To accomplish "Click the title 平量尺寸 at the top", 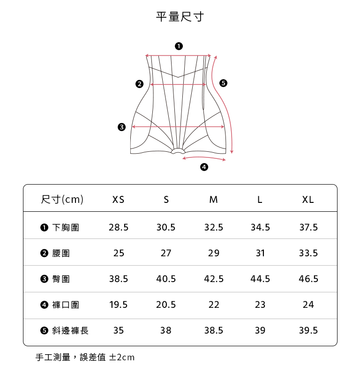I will click(x=180, y=17).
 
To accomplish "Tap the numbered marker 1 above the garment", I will click(x=179, y=46).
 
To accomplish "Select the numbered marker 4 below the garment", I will click(x=204, y=167).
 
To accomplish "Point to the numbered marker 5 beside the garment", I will click(x=223, y=83).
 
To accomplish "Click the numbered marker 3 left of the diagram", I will click(x=122, y=127).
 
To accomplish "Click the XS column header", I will click(x=119, y=200).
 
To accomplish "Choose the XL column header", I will click(x=308, y=200).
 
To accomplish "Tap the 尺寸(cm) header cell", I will click(x=62, y=200).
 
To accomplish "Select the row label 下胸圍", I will click(x=66, y=228).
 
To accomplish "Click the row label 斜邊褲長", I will click(x=70, y=331).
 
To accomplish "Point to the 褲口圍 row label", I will click(x=66, y=305).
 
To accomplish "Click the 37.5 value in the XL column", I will click(x=308, y=228).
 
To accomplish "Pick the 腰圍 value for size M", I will click(x=214, y=253).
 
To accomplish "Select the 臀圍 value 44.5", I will click(x=260, y=279).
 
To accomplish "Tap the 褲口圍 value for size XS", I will click(x=119, y=305).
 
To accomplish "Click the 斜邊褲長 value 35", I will click(x=119, y=330).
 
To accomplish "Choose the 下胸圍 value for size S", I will click(x=166, y=228).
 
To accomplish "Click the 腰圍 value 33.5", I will click(x=308, y=253).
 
